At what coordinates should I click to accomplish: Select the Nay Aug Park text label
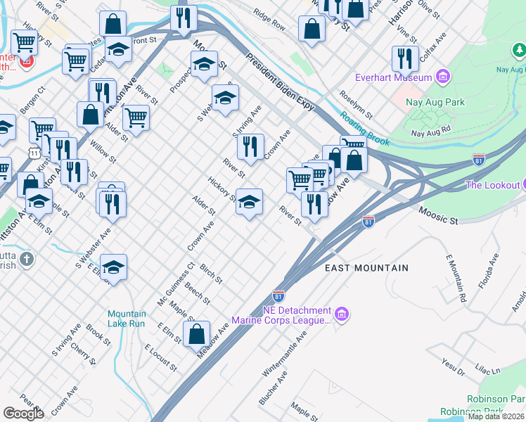point(436,103)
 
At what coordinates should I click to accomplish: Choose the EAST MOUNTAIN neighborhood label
point(366,268)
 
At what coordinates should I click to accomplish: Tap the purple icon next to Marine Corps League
point(342,313)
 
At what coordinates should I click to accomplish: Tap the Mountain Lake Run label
point(127,319)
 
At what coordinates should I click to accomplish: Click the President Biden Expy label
point(280,82)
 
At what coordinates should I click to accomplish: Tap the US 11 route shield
point(34,152)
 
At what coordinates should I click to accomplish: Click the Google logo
point(23,414)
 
